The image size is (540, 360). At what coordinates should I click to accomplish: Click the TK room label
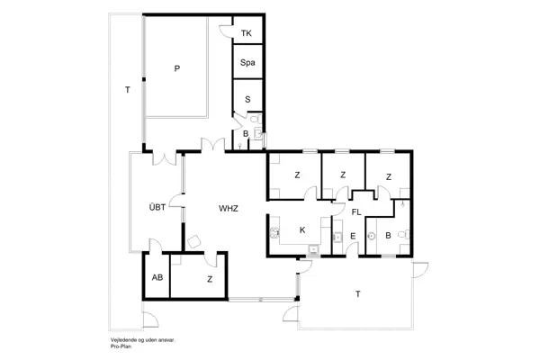pos(247,34)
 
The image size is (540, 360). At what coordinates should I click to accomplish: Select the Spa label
pos(247,63)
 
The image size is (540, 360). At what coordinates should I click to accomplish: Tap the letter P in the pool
pos(177,68)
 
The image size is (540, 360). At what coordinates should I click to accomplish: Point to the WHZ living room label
pos(229,208)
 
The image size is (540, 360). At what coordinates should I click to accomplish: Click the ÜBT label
pos(157,208)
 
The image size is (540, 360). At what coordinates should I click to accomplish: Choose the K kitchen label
pos(302,230)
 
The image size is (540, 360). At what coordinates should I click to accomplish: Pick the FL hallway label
pos(356,212)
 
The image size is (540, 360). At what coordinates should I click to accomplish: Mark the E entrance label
pos(353,237)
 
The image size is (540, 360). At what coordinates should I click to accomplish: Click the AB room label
pos(157,278)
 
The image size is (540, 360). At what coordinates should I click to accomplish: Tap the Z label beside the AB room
pos(210,279)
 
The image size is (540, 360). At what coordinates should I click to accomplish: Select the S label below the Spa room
pos(247,99)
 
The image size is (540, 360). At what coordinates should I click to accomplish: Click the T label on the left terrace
pos(127,89)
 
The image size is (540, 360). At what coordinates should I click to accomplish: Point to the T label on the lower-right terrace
pos(357,294)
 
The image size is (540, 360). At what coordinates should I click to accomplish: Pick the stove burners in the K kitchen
pos(273,233)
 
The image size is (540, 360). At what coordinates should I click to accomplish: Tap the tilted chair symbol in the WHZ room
pos(193,240)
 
